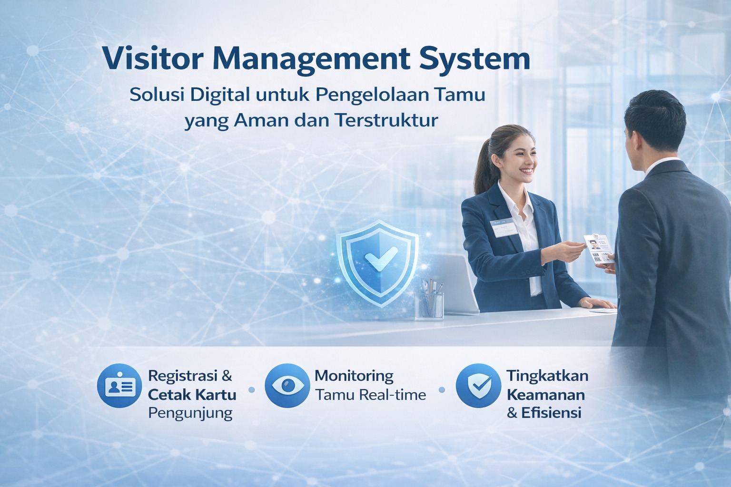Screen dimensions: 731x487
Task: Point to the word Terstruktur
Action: tap(386, 121)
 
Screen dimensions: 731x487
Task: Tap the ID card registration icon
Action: tap(120, 386)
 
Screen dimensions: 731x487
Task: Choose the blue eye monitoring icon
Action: tap(287, 386)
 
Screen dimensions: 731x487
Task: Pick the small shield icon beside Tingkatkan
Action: tap(478, 386)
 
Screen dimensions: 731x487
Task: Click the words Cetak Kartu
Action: tap(192, 395)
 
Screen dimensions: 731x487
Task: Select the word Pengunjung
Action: tap(190, 414)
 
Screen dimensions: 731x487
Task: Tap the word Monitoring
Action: tap(354, 377)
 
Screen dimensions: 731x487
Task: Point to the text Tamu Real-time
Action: tap(371, 395)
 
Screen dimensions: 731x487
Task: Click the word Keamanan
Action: tap(546, 395)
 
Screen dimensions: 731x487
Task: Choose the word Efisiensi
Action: tap(552, 413)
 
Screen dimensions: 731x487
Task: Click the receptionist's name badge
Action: tap(504, 227)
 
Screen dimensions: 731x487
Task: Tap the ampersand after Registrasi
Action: tap(227, 376)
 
